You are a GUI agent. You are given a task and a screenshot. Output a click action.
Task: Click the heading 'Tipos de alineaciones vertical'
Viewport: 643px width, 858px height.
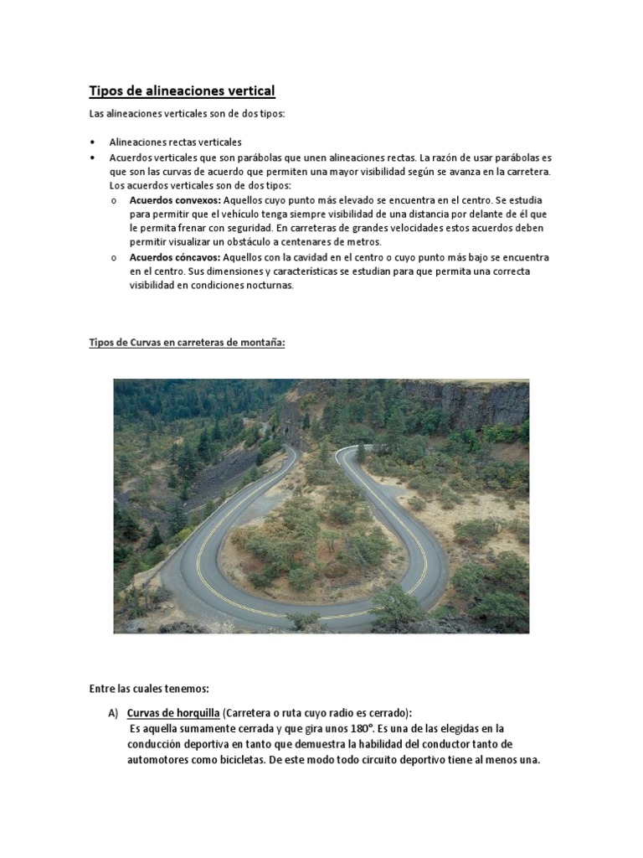(x=182, y=90)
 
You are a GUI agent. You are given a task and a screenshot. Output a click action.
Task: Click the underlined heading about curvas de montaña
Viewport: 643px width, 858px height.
(x=187, y=342)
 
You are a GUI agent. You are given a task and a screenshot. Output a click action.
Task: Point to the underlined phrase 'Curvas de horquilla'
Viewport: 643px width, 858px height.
(x=172, y=713)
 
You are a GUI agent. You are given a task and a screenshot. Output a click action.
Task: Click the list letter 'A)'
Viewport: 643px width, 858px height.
(x=113, y=713)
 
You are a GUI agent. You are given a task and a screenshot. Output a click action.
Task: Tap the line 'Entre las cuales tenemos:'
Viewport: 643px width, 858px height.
(x=149, y=689)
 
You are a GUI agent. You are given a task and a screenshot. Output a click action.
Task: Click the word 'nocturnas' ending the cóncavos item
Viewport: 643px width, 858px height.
(x=268, y=286)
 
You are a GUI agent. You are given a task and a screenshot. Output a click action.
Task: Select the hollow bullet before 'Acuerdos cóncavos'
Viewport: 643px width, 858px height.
(x=114, y=257)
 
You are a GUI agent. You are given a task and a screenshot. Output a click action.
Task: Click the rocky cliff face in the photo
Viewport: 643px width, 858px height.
(x=469, y=402)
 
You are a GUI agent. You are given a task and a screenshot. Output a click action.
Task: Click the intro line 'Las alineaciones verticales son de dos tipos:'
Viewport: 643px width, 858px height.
(x=187, y=114)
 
